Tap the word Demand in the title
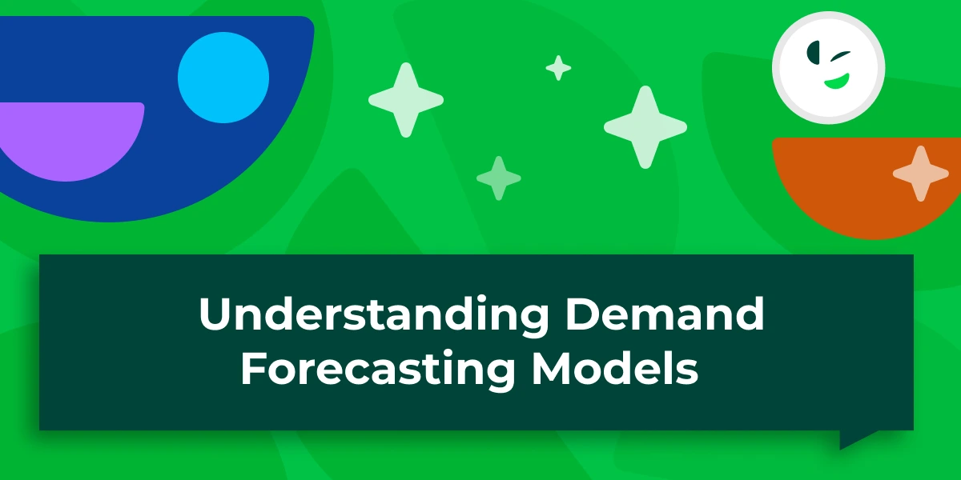click(665, 313)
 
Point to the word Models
click(615, 368)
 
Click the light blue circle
click(223, 78)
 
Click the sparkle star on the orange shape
click(921, 174)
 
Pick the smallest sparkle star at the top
click(558, 68)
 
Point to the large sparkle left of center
click(406, 100)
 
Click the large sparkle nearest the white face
click(645, 127)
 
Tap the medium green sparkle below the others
click(498, 178)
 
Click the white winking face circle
click(828, 68)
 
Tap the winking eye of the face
click(841, 56)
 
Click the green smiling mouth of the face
click(838, 82)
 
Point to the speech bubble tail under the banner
click(856, 438)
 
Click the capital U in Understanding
click(215, 314)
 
